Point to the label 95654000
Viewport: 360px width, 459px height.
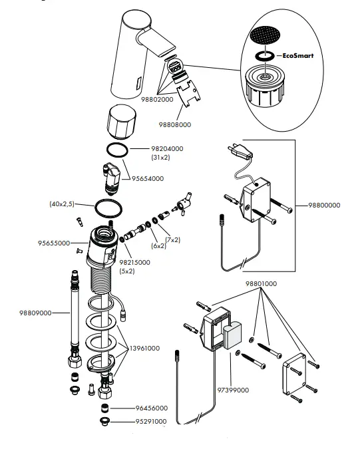coord(146,178)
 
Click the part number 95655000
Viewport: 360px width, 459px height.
coord(53,243)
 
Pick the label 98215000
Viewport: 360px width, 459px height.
coord(135,262)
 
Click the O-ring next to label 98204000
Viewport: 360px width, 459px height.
coord(116,150)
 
